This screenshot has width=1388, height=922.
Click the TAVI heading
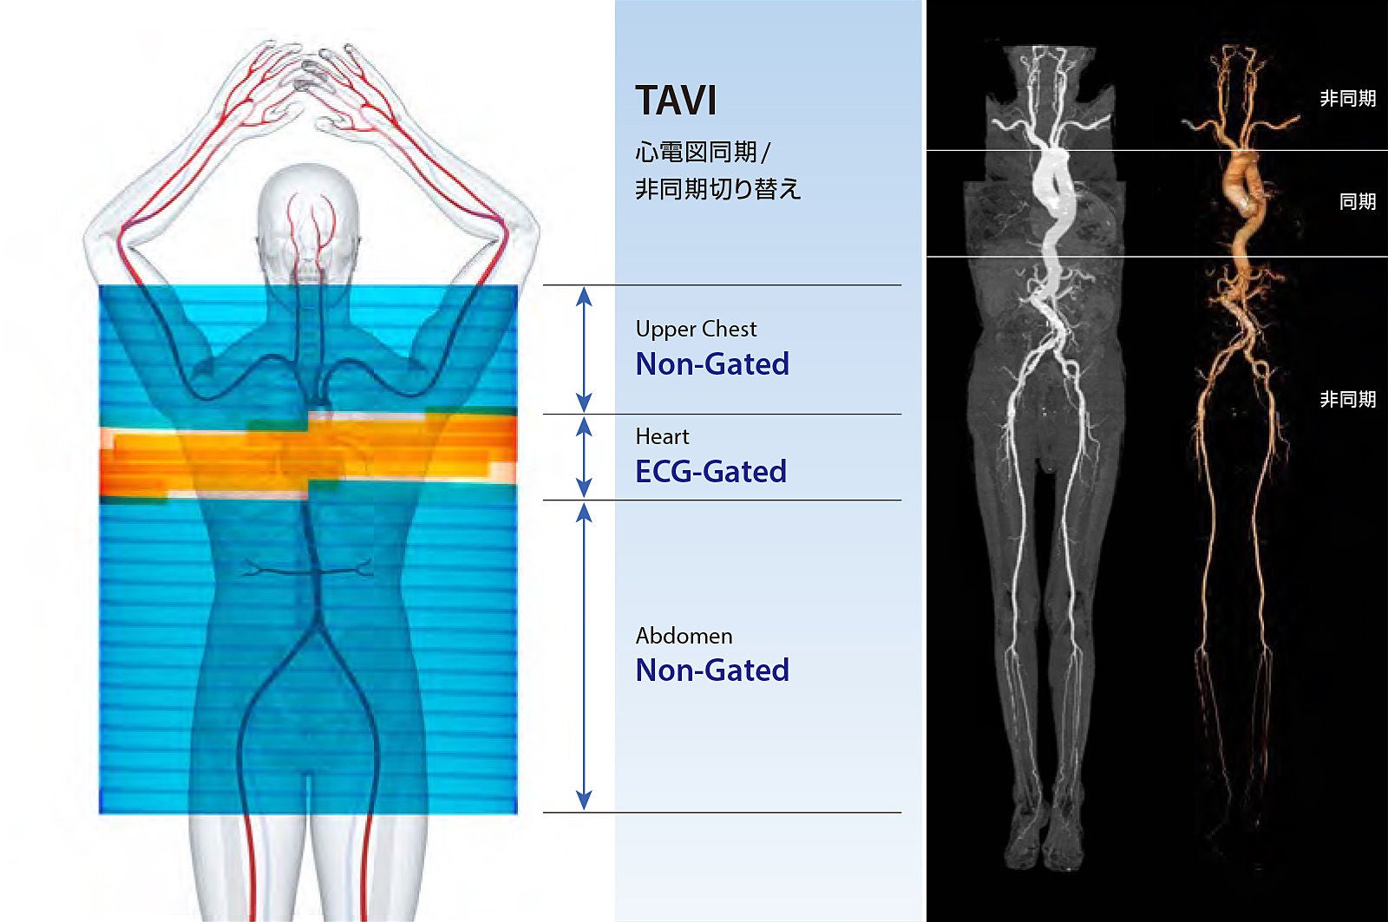click(676, 101)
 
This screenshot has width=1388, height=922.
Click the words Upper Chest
click(696, 329)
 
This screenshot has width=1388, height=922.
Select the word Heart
click(662, 437)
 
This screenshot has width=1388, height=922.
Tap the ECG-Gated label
click(711, 472)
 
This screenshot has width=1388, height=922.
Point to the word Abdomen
click(684, 636)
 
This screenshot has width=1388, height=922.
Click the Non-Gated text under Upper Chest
click(712, 363)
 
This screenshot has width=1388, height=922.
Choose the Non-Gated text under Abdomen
click(712, 670)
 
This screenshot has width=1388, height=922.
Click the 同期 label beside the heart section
click(1358, 201)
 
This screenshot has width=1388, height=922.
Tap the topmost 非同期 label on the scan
click(1348, 99)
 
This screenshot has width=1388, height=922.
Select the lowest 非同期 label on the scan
click(1348, 399)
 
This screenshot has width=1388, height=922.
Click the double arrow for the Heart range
click(584, 457)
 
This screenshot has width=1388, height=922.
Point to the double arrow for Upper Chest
click(584, 350)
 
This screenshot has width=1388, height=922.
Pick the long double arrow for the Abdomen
click(584, 657)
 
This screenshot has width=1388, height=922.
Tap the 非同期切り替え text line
click(718, 188)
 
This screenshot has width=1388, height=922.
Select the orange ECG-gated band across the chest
click(308, 455)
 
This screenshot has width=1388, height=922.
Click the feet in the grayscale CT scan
click(1044, 840)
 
